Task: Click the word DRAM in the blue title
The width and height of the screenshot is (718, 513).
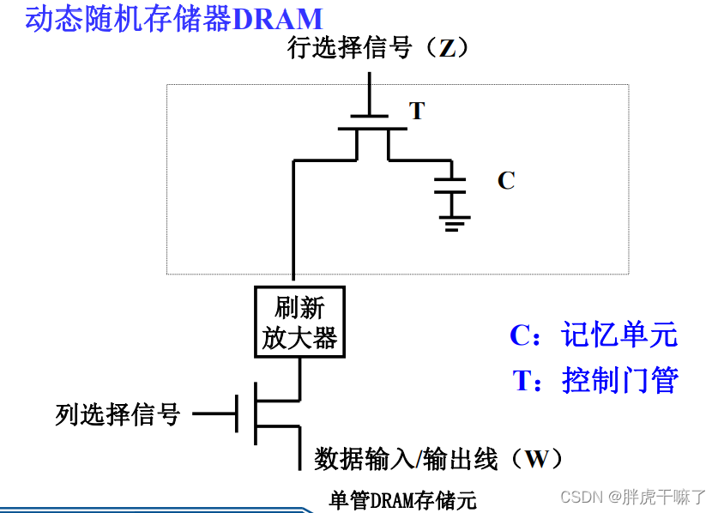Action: [x=277, y=19]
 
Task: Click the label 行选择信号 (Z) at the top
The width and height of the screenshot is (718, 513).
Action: [x=378, y=48]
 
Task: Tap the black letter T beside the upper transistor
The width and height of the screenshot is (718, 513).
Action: [x=417, y=112]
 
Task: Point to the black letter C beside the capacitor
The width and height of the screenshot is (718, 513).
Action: [x=506, y=181]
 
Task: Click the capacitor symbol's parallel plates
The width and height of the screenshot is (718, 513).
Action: [x=450, y=186]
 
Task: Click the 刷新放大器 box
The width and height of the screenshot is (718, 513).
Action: [x=299, y=322]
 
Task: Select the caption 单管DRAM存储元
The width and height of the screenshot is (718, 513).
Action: [x=402, y=499]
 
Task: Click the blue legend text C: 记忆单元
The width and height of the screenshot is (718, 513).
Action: [x=594, y=335]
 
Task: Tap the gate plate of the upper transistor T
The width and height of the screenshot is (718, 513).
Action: [x=371, y=117]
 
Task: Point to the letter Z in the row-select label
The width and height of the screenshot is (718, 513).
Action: [x=447, y=48]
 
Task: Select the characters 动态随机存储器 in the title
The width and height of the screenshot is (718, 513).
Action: [x=129, y=19]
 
